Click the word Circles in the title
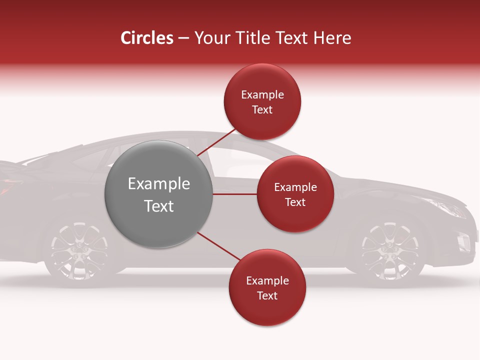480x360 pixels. pos(146,38)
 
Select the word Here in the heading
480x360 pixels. pos(332,38)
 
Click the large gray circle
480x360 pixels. pos(159,194)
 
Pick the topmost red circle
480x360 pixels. pos(262,101)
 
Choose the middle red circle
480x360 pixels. pos(295,194)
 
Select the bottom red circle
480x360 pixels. pos(267,287)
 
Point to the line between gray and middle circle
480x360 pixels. pos(234,194)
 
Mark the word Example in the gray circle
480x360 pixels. pos(159,184)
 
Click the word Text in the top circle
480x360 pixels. pos(262,109)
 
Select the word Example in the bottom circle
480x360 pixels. pos(267,280)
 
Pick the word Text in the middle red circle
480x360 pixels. pos(295,202)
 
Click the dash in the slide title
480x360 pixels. pos(183,38)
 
